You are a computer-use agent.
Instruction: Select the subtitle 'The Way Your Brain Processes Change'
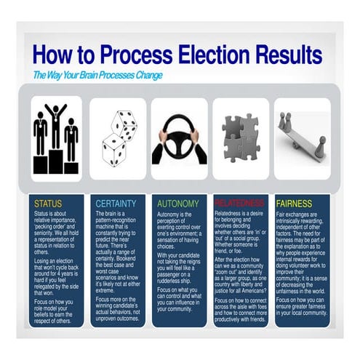click(x=97, y=75)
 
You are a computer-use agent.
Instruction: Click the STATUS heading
click(x=48, y=203)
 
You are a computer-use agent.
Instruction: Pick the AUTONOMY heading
click(x=177, y=203)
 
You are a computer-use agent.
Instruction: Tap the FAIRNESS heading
click(x=294, y=203)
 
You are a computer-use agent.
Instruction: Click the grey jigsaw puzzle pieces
click(x=240, y=138)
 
